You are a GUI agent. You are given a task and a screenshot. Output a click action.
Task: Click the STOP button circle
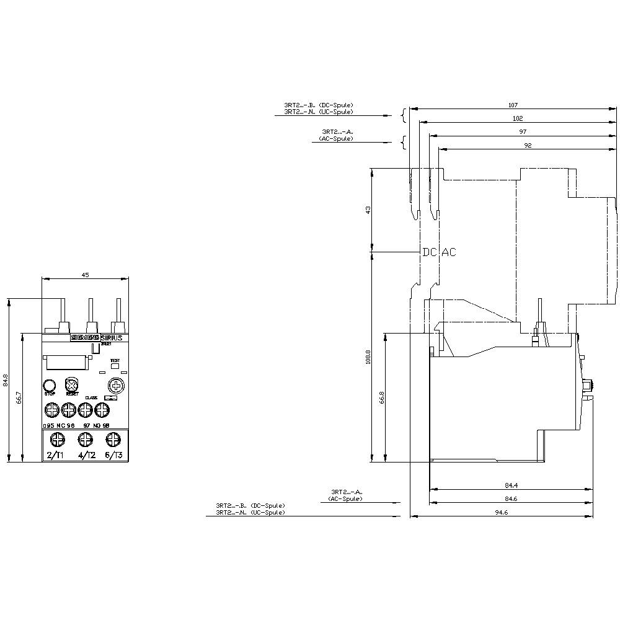click(50, 384)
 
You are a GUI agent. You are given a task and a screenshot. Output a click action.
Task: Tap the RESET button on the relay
click(71, 384)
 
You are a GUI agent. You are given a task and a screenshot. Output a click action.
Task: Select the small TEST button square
click(114, 366)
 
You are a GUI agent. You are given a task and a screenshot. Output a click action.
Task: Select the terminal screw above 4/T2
click(85, 440)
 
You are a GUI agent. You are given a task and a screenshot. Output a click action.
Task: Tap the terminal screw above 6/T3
click(113, 440)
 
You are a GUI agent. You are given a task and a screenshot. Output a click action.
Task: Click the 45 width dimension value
click(85, 275)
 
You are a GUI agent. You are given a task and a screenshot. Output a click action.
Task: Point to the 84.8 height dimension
click(6, 380)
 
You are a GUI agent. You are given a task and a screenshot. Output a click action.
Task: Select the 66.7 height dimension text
click(19, 397)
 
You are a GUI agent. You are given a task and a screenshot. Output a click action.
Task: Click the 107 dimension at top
click(512, 105)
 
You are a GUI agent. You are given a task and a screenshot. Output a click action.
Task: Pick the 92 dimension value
click(528, 145)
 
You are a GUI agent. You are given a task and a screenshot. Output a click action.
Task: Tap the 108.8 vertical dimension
click(368, 357)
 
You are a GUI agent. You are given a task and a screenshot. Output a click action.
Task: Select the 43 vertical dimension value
click(368, 210)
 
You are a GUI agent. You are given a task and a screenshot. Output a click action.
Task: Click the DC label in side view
click(429, 252)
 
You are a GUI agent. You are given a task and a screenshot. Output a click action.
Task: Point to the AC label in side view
click(448, 252)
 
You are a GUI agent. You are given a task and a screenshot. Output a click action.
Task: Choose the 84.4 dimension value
click(511, 485)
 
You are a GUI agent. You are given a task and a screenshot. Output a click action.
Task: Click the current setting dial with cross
click(114, 384)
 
